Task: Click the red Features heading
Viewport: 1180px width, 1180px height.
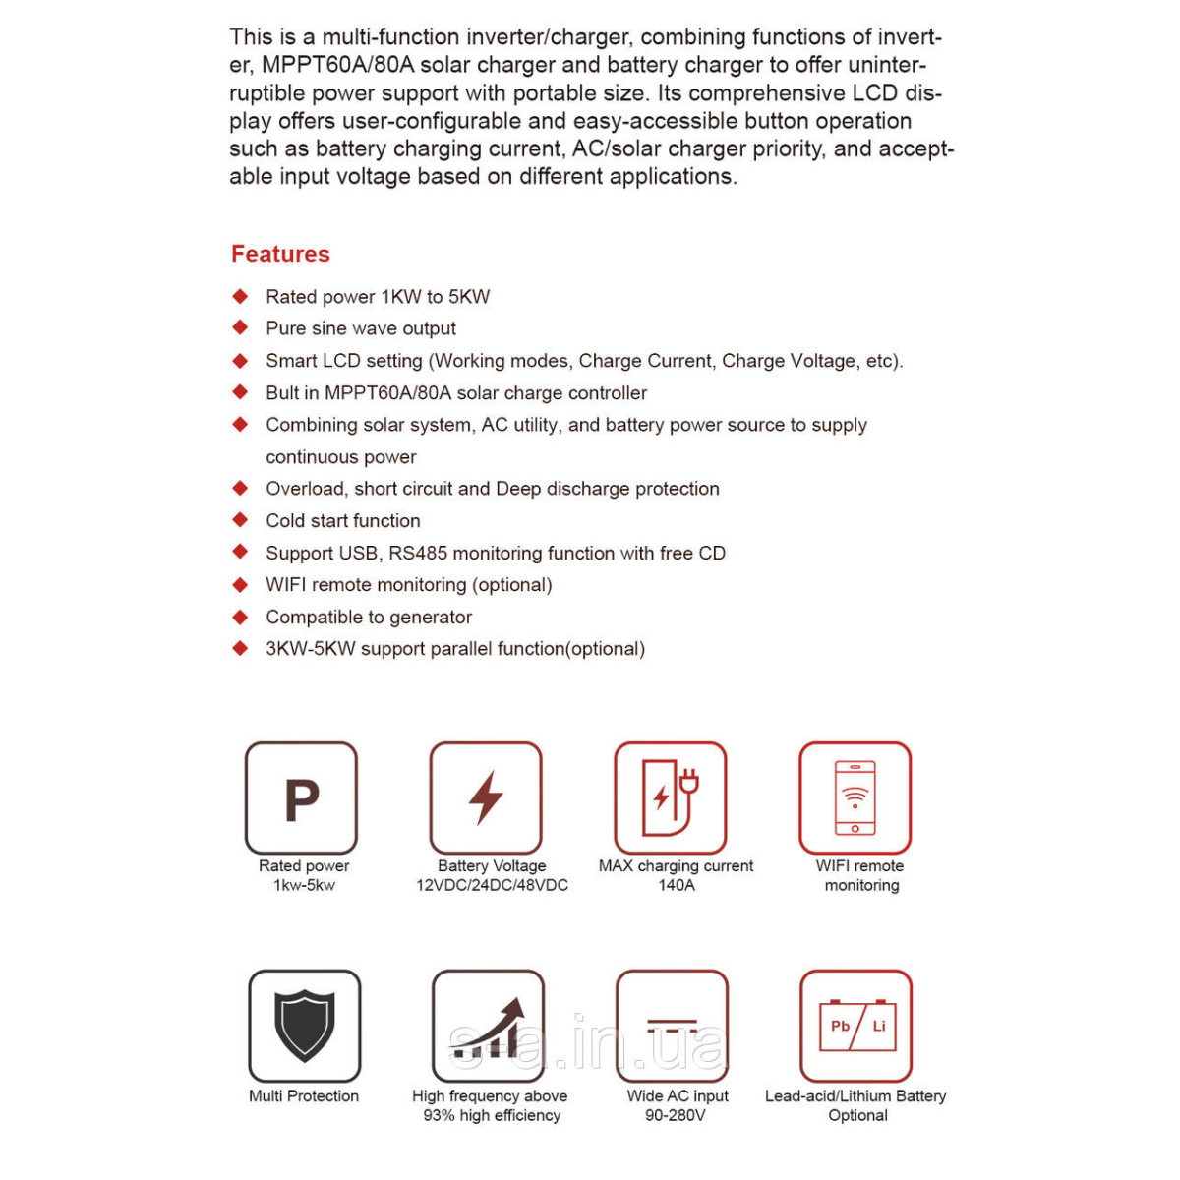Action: (280, 254)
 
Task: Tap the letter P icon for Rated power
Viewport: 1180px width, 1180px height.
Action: (301, 797)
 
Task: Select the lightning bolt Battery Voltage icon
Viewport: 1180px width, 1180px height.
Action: (486, 797)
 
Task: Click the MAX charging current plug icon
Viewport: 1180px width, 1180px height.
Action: (671, 797)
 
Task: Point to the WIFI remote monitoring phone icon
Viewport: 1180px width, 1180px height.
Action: (855, 797)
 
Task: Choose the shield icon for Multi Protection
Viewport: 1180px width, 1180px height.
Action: (305, 1026)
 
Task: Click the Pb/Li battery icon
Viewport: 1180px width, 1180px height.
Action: (856, 1026)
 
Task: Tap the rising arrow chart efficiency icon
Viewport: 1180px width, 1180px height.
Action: (489, 1026)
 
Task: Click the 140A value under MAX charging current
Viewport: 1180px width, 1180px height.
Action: (677, 885)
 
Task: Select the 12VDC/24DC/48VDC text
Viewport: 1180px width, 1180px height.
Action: (492, 885)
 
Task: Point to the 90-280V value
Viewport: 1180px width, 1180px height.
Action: (676, 1115)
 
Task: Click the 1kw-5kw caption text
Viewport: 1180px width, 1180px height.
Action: (304, 885)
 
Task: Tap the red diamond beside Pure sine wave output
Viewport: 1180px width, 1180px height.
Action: (240, 327)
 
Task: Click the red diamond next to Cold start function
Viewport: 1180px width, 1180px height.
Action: (240, 520)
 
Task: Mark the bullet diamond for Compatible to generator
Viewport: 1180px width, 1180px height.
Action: (240, 617)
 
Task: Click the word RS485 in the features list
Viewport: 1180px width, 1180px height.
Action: (418, 553)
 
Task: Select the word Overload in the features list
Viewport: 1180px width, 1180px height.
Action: (305, 489)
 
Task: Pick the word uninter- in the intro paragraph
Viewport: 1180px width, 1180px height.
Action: (886, 65)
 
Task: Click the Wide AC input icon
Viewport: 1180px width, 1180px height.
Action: (673, 1026)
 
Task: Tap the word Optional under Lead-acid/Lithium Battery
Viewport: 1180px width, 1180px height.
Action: (857, 1115)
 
